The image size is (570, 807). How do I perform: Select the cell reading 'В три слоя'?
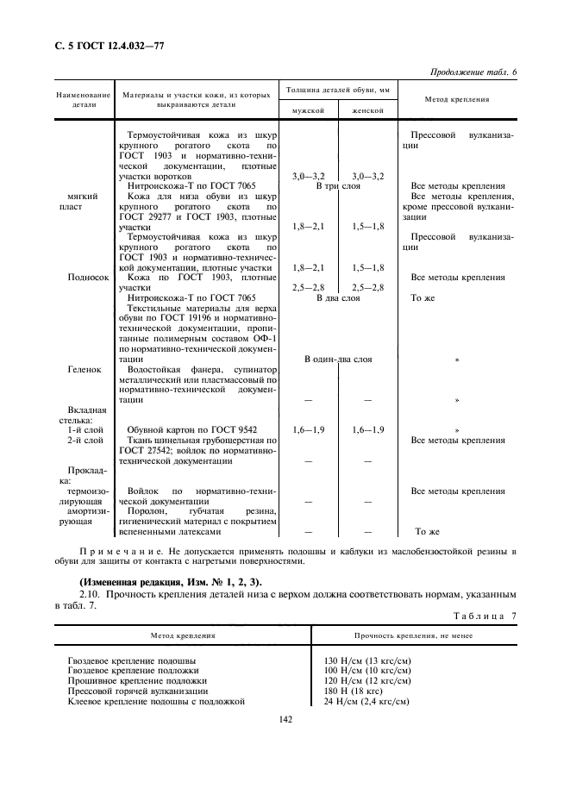click(x=337, y=186)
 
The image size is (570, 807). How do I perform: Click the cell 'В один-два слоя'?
click(x=337, y=359)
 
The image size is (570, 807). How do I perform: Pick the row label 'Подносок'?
click(x=88, y=278)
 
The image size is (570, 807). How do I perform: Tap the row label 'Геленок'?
click(x=85, y=369)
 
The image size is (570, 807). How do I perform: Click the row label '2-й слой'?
click(x=85, y=440)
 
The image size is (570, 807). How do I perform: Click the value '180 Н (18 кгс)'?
click(x=352, y=691)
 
